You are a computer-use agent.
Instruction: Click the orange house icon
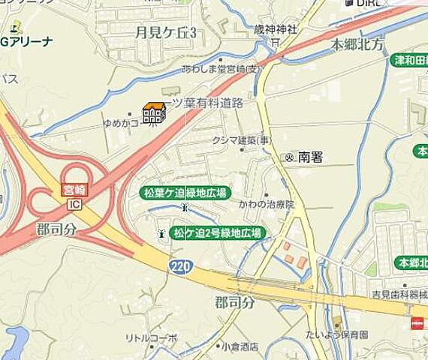pyautogui.click(x=154, y=113)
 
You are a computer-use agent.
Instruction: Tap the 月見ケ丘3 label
pyautogui.click(x=166, y=33)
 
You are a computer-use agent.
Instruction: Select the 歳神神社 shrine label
pyautogui.click(x=276, y=29)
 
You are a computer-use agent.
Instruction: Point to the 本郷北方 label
pyautogui.click(x=359, y=44)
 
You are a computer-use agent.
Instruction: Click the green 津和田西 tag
pyautogui.click(x=410, y=60)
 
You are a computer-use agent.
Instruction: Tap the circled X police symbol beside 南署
pyautogui.click(x=289, y=157)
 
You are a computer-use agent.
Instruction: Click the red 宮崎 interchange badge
pyautogui.click(x=73, y=193)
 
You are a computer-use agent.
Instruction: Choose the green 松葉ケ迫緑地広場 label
pyautogui.click(x=184, y=193)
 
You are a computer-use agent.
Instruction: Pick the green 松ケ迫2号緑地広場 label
pyautogui.click(x=217, y=232)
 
